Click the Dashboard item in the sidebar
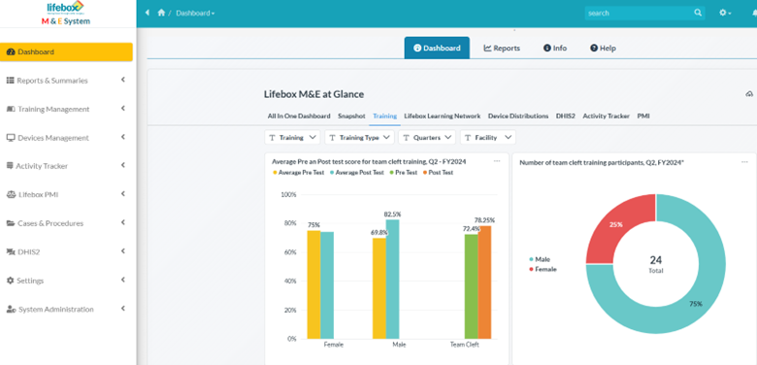pos(36,52)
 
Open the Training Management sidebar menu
pos(53,109)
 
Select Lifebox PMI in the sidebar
pos(38,194)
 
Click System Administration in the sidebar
pos(55,309)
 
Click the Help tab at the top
pos(603,48)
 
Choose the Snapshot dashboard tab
pos(351,116)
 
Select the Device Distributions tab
pos(517,116)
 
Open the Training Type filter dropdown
pos(358,138)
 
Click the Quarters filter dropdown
pos(426,138)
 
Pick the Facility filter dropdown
pos(487,138)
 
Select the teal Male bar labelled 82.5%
pos(392,279)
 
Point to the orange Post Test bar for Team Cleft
pos(484,282)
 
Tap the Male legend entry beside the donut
pos(541,259)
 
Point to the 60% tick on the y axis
pos(289,252)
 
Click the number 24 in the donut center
pos(656,260)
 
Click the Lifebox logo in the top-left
pos(66,8)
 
